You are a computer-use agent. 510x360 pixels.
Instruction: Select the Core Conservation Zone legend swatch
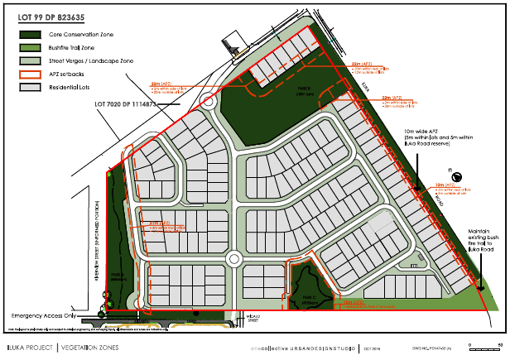coord(31,35)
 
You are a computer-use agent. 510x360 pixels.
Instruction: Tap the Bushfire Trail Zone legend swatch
coord(31,48)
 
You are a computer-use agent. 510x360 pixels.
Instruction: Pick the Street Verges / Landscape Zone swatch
coord(31,61)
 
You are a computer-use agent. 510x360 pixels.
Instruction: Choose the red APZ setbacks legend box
coord(31,74)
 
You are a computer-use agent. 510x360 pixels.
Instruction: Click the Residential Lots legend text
coord(69,88)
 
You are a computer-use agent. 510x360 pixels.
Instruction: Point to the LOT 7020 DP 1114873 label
coord(126,103)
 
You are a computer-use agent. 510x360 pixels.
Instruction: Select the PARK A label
coord(115,279)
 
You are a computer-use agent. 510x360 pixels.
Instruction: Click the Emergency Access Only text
coord(43,316)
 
